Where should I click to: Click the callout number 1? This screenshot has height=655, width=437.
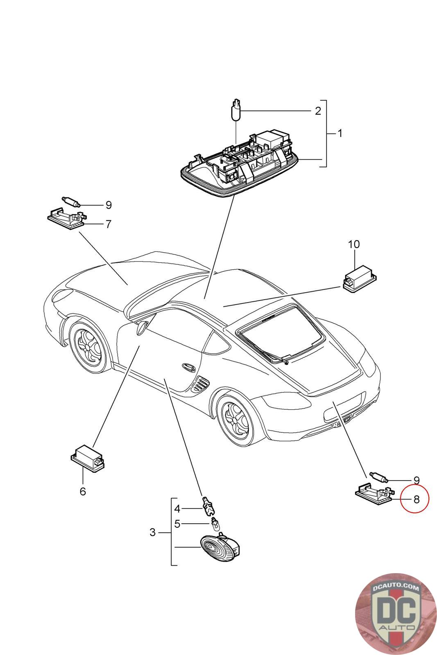[340, 133]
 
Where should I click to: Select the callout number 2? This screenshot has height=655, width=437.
[318, 111]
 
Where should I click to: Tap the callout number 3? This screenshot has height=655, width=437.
[152, 533]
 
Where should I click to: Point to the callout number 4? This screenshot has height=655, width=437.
[177, 509]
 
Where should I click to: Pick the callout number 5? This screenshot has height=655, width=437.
[177, 524]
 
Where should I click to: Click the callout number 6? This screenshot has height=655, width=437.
[83, 491]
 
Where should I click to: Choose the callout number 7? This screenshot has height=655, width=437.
[108, 224]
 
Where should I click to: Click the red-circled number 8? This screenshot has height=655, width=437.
[417, 499]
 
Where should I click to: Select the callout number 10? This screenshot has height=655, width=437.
[354, 244]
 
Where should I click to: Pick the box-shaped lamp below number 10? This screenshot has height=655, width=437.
[359, 281]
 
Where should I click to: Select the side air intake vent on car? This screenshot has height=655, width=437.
[200, 384]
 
